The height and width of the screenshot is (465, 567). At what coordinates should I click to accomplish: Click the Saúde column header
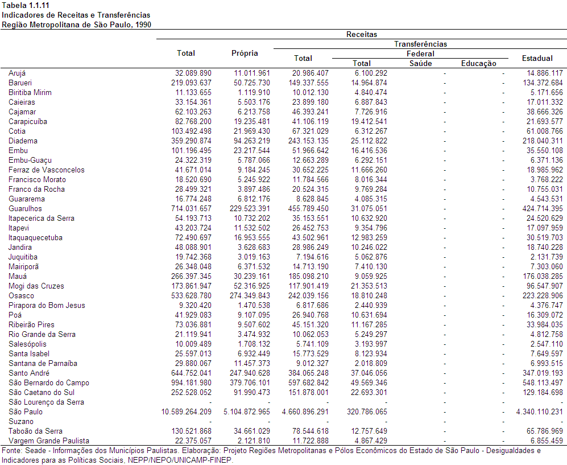click(420, 63)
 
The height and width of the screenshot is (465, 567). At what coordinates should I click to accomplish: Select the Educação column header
click(478, 64)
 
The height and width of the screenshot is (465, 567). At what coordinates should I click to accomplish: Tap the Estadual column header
click(537, 58)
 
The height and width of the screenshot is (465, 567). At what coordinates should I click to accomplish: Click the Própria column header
click(245, 53)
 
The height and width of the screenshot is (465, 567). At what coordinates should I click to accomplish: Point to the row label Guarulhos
click(26, 208)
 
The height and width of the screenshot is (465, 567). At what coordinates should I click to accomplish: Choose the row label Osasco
click(22, 295)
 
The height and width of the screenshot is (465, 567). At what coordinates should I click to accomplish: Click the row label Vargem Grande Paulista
click(49, 441)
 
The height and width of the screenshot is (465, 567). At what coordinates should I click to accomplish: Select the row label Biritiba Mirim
click(30, 92)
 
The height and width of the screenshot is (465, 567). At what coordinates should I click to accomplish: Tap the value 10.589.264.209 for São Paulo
click(186, 412)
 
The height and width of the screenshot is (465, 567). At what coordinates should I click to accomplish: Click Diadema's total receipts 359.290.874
click(191, 141)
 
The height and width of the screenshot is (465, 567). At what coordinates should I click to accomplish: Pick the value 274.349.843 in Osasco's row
click(250, 295)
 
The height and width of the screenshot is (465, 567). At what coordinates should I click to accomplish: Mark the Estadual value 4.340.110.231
click(540, 412)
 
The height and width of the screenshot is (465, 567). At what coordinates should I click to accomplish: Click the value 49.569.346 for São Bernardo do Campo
click(369, 382)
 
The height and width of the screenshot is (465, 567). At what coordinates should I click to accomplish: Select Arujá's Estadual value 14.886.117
click(545, 73)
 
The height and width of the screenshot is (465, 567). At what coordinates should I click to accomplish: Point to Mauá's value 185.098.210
click(308, 276)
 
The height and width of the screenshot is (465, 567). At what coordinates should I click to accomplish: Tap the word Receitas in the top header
click(362, 34)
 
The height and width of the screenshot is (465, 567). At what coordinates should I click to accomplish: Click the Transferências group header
click(420, 44)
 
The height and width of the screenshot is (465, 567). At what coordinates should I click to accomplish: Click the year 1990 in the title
click(143, 25)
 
